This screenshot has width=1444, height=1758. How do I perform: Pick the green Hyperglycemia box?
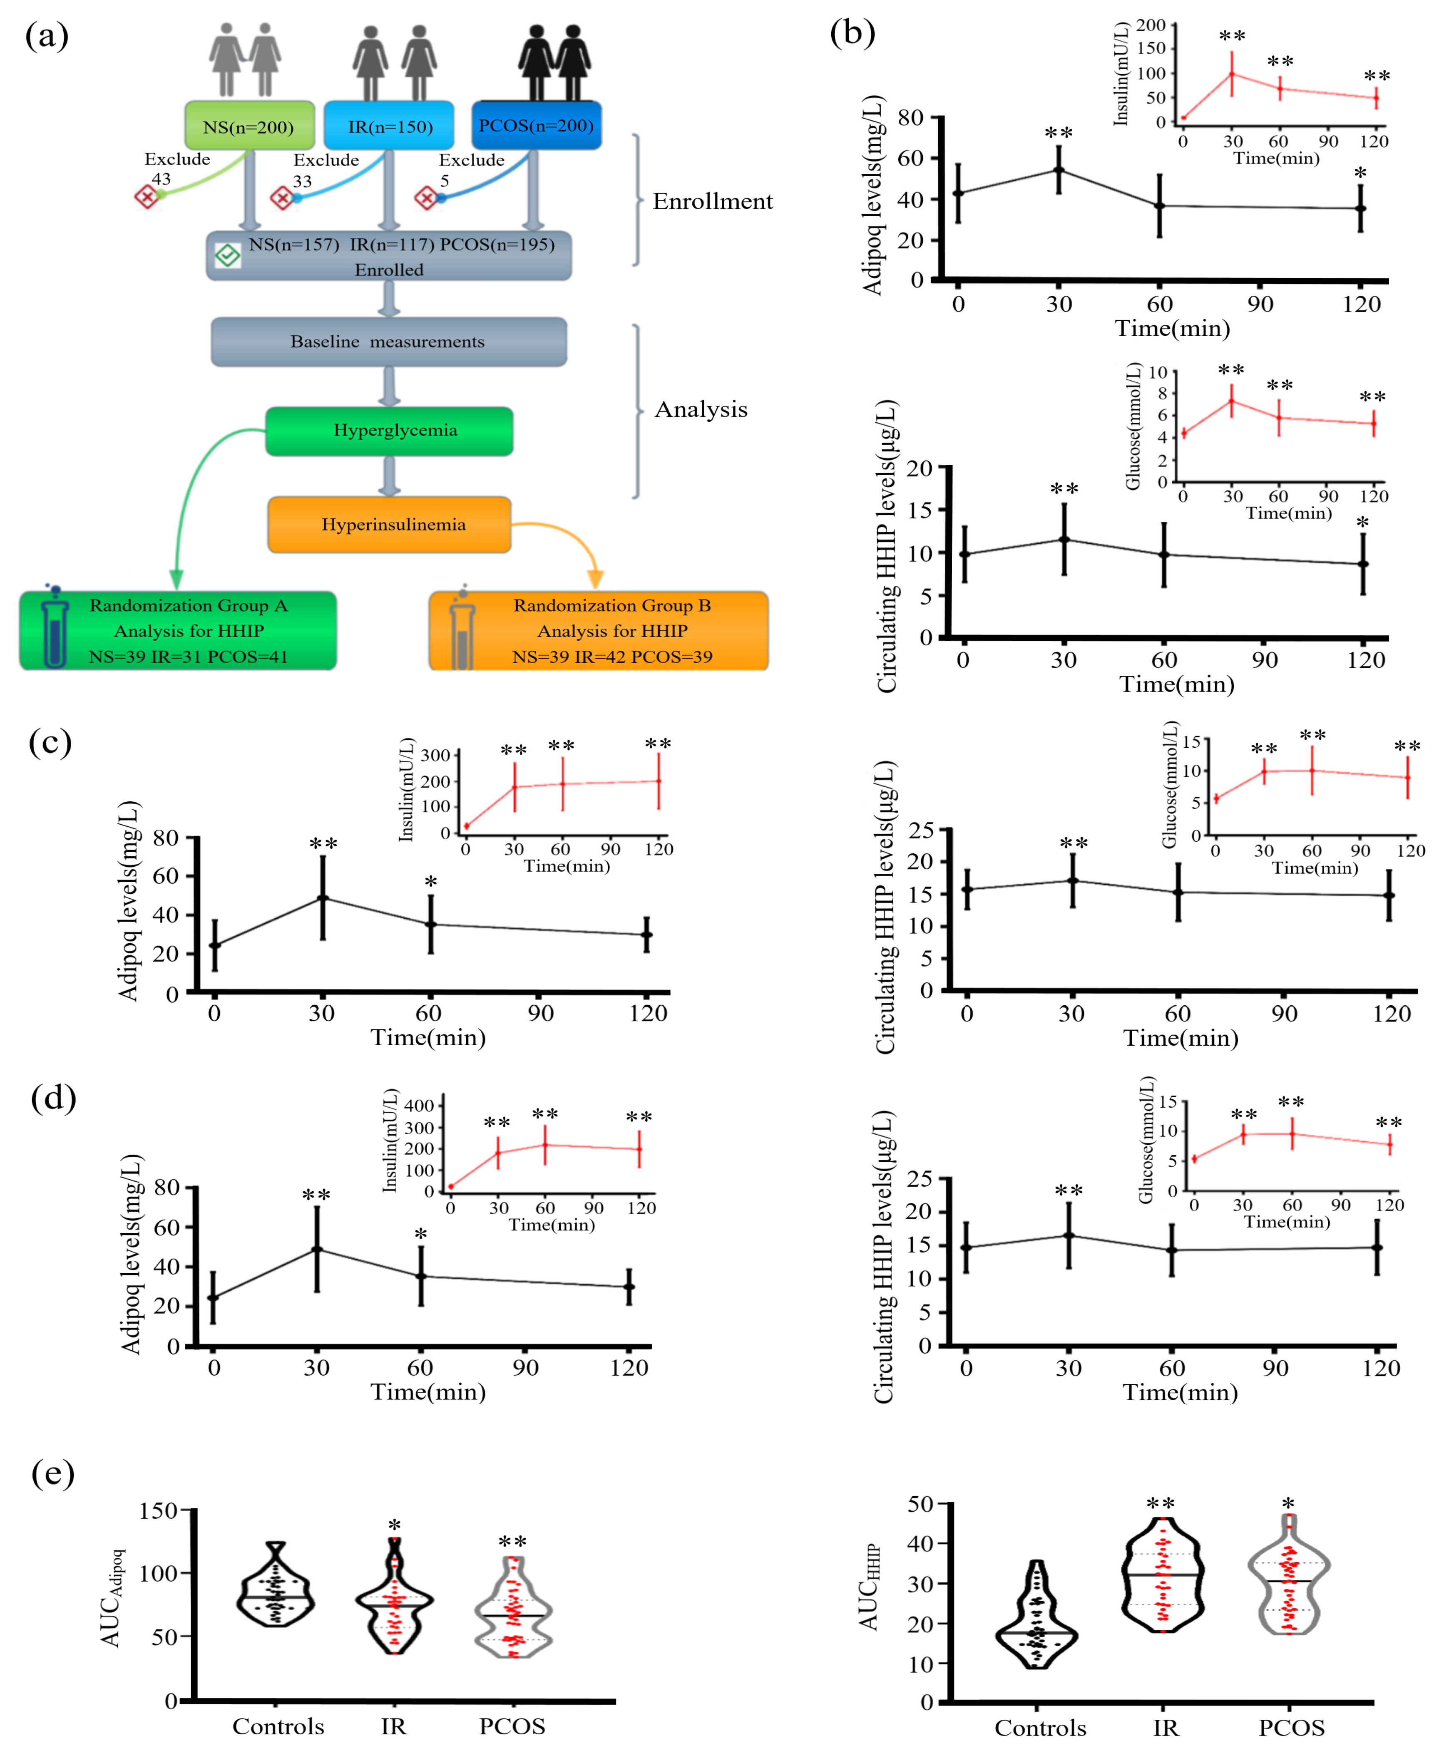389,431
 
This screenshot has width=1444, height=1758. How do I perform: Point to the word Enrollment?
712,201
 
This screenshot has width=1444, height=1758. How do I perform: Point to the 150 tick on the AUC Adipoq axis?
158,1511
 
